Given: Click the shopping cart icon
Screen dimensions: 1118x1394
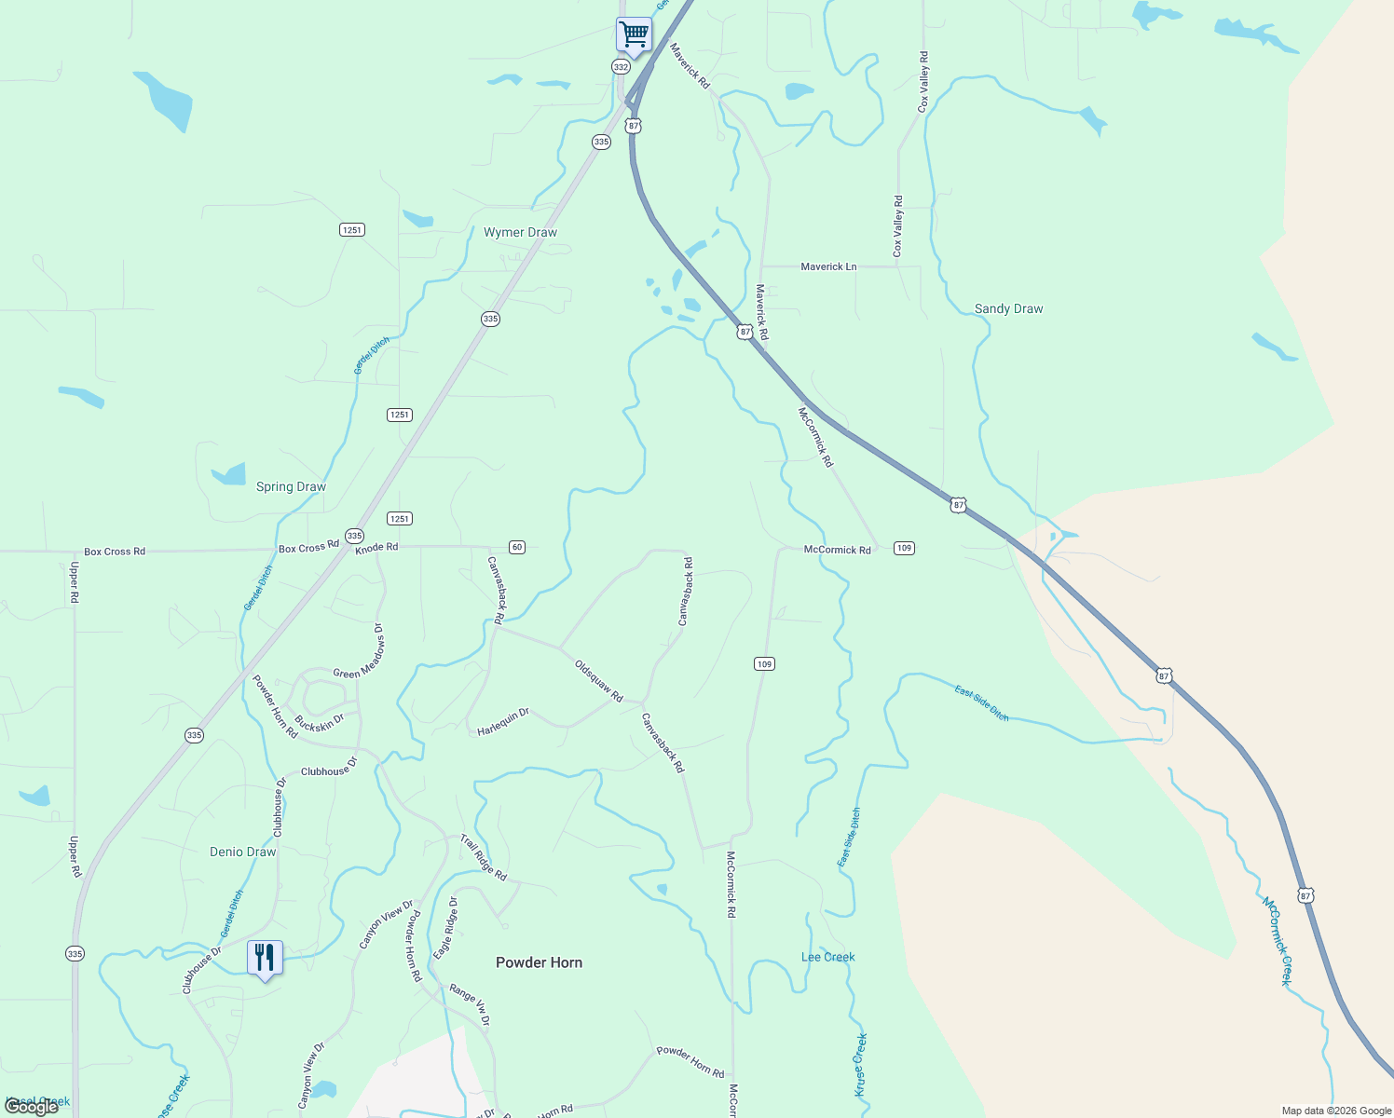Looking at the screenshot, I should click(634, 35).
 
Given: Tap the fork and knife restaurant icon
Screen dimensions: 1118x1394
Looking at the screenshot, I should click(265, 957).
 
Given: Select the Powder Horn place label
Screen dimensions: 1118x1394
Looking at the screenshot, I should click(539, 962).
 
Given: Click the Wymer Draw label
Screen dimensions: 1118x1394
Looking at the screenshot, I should click(520, 232).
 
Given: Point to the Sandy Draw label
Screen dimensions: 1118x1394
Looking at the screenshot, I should click(1008, 308).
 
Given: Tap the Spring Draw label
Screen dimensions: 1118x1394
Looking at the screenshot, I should click(291, 486).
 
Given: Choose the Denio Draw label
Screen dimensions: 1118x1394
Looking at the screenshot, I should click(242, 852).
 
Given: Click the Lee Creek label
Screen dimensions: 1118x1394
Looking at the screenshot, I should click(827, 957).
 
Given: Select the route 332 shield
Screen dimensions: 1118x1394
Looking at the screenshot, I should click(621, 67).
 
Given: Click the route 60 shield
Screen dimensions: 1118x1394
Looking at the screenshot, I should click(517, 547).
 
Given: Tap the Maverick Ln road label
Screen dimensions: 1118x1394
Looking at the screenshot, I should click(828, 266).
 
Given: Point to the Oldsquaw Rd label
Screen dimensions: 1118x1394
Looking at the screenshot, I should click(598, 681).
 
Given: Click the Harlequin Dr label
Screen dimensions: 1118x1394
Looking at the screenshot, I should click(503, 722).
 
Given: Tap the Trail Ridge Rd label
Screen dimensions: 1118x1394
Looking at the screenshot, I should click(483, 858).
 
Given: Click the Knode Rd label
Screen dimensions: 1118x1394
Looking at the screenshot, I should click(376, 548).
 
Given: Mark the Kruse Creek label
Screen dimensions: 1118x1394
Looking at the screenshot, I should click(861, 1064).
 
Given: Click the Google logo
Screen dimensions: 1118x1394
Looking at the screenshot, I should click(32, 1106).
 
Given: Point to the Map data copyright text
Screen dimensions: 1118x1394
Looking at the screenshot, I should click(1336, 1111).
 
